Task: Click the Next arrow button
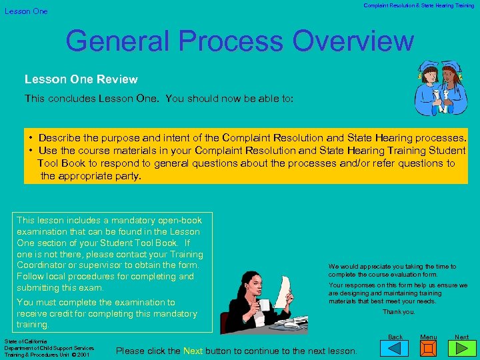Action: point(462,349)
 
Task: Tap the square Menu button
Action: point(429,349)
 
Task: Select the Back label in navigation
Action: point(395,337)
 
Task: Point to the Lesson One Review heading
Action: point(81,79)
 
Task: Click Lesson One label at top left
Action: point(26,11)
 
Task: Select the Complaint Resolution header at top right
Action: point(419,6)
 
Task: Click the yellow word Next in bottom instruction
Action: point(193,351)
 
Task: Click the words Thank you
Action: point(399,312)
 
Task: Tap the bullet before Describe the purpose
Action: point(31,137)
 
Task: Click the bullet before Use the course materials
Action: point(31,150)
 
